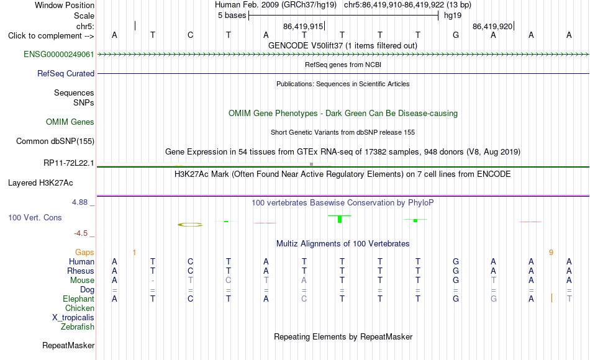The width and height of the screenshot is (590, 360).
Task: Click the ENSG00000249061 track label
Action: [59, 54]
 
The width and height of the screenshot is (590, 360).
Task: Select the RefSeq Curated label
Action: [65, 73]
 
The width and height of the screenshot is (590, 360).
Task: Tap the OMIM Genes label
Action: [70, 122]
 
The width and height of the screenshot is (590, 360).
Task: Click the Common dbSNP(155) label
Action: [55, 141]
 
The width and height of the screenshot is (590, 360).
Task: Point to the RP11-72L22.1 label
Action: [68, 163]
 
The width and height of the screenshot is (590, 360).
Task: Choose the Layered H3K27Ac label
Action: [40, 183]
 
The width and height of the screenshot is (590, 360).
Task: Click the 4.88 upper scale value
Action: [79, 202]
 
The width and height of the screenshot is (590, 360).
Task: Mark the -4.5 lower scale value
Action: [81, 233]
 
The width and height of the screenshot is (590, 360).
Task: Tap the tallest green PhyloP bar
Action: [339, 218]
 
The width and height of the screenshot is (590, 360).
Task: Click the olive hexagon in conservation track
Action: [190, 225]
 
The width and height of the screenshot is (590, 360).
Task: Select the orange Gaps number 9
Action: [551, 253]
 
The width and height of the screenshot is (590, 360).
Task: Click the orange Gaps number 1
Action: [134, 253]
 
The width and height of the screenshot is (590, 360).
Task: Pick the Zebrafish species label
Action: [78, 326]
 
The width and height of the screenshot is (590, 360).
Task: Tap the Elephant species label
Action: [78, 299]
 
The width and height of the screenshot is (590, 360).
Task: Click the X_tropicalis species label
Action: [73, 318]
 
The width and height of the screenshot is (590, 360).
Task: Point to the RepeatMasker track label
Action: [68, 345]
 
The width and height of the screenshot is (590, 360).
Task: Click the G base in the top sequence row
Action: [456, 35]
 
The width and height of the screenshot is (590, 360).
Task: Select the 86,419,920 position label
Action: [492, 26]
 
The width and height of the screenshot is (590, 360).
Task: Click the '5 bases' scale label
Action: [232, 16]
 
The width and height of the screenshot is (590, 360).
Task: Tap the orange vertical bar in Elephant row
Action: [551, 298]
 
